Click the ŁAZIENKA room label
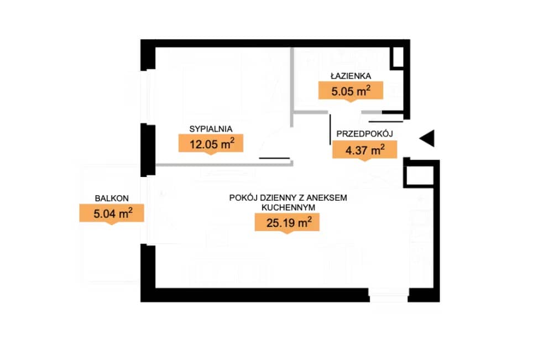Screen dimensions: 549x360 [x=351, y=76]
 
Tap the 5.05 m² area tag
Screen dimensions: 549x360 [x=351, y=91]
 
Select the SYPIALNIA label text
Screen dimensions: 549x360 [x=211, y=129]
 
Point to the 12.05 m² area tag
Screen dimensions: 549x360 [x=211, y=144]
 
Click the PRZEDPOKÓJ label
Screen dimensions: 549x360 [x=364, y=133]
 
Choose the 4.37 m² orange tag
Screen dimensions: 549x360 [x=364, y=150]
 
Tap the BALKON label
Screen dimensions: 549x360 [x=112, y=198]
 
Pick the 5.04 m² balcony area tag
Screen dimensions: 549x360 [x=112, y=213]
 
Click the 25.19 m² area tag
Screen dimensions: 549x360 [x=287, y=223]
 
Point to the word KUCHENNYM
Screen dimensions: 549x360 [x=289, y=207]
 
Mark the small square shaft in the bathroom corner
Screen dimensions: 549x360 [x=398, y=57]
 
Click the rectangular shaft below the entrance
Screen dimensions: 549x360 [x=419, y=174]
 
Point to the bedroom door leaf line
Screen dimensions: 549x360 [x=274, y=158]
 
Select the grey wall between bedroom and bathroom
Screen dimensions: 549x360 [x=292, y=87]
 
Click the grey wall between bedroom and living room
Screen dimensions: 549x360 [x=224, y=164]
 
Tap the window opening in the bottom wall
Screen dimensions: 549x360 [x=389, y=295]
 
